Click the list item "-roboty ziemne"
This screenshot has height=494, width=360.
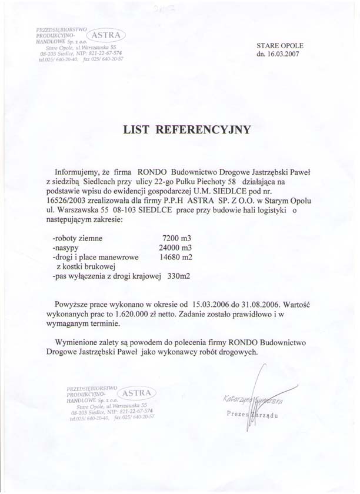point(77,239)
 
